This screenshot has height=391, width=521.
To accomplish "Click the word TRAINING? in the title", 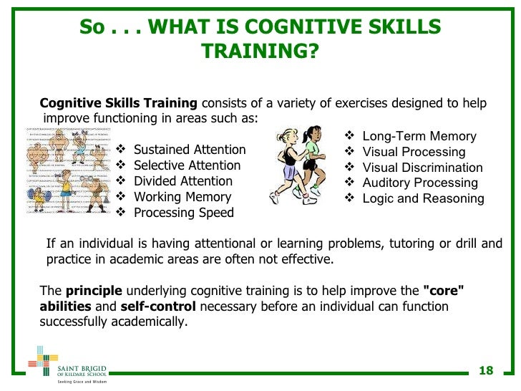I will tap(259, 52).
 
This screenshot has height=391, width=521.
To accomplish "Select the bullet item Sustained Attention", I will tap(189, 150).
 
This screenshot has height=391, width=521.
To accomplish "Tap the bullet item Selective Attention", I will tap(187, 165).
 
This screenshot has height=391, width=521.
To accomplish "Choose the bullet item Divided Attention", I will tap(182, 181).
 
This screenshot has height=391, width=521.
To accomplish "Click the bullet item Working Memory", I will tap(182, 197).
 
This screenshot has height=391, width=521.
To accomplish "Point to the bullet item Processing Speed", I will tap(183, 213).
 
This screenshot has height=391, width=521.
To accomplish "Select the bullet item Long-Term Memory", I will tap(419, 136).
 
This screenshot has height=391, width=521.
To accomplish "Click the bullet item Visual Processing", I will tap(414, 152).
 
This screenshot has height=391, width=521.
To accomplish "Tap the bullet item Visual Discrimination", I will tap(422, 168).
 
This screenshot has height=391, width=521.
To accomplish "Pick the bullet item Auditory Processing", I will tap(419, 183).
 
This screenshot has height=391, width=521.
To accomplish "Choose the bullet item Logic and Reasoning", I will tap(423, 198).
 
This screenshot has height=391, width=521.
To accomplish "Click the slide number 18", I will tap(486, 370).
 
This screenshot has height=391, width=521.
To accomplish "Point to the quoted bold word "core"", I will tap(444, 291).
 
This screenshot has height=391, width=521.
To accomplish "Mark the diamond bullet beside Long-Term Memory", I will tap(349, 136).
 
